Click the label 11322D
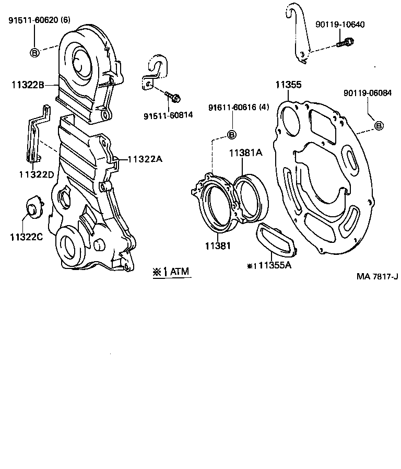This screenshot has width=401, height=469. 36,174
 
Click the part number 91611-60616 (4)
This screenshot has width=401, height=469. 239,108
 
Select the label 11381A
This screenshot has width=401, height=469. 245,153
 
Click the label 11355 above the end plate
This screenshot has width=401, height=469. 288,84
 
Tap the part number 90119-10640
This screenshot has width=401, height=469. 340,25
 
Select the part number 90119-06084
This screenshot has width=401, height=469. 367,93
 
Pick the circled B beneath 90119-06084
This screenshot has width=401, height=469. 379,125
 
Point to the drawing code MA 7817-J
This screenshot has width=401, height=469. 377,276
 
